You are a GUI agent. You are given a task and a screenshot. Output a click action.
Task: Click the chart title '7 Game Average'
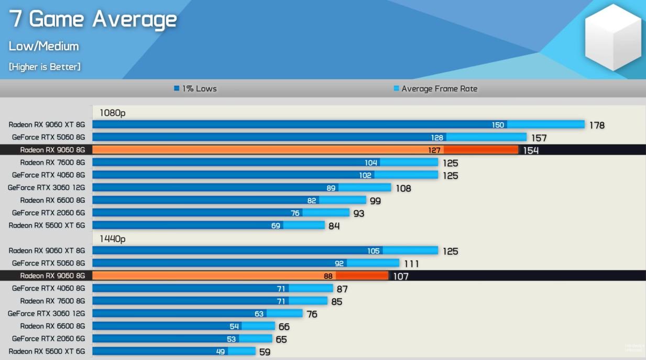[93, 19]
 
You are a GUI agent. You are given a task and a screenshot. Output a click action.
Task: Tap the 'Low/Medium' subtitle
[43, 46]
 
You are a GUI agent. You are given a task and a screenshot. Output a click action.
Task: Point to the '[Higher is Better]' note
[45, 67]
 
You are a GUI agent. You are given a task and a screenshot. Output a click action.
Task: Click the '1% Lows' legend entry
[195, 89]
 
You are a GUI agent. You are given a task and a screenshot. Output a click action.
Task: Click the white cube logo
[612, 37]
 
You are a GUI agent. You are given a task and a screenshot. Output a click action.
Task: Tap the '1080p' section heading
[113, 113]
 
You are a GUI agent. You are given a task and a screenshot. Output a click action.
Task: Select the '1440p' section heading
[113, 239]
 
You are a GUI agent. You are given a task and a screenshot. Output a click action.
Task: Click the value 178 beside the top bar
[596, 125]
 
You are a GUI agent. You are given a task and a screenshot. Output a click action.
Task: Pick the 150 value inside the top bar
[498, 125]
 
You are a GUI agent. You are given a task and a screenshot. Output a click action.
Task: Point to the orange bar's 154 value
[531, 150]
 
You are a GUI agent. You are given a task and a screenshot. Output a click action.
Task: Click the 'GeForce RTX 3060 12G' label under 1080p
[46, 188]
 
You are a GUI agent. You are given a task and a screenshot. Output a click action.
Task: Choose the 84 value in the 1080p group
[334, 226]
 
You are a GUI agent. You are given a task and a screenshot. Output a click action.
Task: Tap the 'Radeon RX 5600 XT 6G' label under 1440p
[47, 351]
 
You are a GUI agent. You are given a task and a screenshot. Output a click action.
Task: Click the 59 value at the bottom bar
[265, 352]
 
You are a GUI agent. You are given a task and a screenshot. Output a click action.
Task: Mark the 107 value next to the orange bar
[400, 276]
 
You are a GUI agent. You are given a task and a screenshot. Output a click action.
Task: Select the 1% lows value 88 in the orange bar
[328, 276]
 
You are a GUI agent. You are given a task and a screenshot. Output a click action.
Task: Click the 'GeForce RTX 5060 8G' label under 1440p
[48, 263]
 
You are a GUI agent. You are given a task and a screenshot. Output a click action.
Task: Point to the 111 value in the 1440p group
[411, 264]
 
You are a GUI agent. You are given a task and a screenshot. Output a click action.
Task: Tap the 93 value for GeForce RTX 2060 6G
[358, 213]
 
